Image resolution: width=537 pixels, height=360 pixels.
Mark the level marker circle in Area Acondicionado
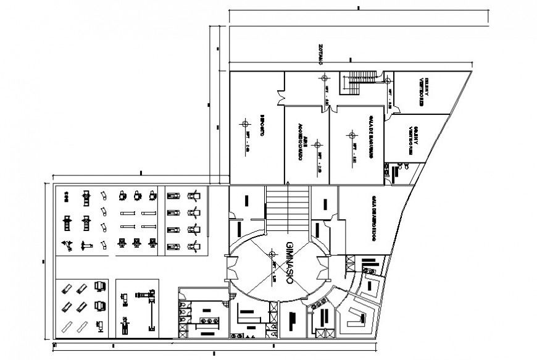click(317, 144)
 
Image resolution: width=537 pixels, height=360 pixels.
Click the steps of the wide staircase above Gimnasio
click(287, 207)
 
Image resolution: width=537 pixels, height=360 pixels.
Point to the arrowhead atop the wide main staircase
click(287, 183)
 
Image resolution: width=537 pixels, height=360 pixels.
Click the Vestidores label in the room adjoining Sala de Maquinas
click(413, 140)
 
